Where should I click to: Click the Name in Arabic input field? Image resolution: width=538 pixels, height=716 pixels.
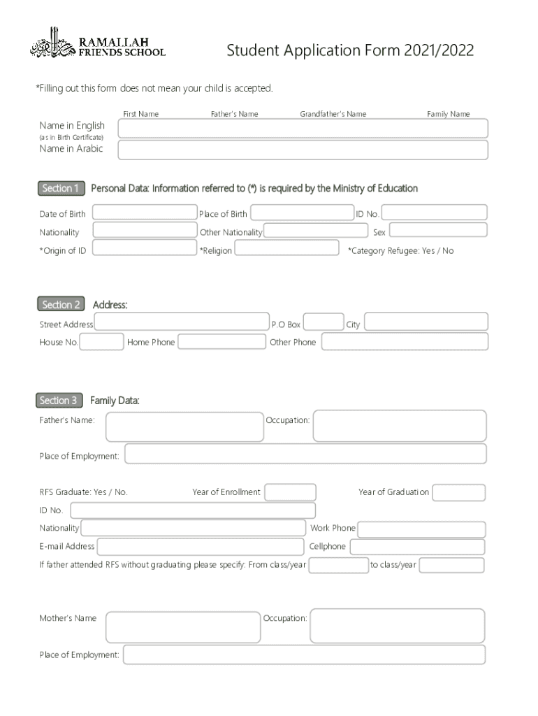pyautogui.click(x=303, y=150)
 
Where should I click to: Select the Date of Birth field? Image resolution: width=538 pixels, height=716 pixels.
pyautogui.click(x=145, y=212)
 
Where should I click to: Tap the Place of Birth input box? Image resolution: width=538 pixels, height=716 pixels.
pyautogui.click(x=302, y=212)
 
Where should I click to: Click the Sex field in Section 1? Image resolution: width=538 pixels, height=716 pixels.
pyautogui.click(x=437, y=230)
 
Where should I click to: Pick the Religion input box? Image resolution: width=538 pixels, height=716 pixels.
pyautogui.click(x=286, y=248)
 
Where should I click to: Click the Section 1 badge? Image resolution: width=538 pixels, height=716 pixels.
pyautogui.click(x=61, y=188)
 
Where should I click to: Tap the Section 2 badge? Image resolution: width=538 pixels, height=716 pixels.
pyautogui.click(x=61, y=304)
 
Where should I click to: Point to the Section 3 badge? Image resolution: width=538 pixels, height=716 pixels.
pyautogui.click(x=59, y=400)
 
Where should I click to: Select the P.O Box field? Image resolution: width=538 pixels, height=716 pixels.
pyautogui.click(x=324, y=322)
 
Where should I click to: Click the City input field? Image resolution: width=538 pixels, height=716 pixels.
pyautogui.click(x=426, y=322)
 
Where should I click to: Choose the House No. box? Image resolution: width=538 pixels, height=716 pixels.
pyautogui.click(x=102, y=342)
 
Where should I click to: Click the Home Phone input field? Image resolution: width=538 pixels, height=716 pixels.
pyautogui.click(x=221, y=342)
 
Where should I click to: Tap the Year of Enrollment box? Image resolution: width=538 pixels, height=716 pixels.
pyautogui.click(x=290, y=492)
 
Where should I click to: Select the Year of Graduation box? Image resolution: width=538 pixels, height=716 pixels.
pyautogui.click(x=458, y=492)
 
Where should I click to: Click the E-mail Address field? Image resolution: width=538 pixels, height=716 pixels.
pyautogui.click(x=201, y=547)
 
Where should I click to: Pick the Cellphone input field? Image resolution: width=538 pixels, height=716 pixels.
pyautogui.click(x=417, y=547)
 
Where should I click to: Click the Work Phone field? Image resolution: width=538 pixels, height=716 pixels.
pyautogui.click(x=421, y=529)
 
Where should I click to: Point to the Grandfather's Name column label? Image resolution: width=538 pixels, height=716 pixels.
pyautogui.click(x=333, y=114)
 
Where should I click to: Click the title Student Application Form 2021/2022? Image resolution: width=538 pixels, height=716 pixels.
pyautogui.click(x=350, y=50)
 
